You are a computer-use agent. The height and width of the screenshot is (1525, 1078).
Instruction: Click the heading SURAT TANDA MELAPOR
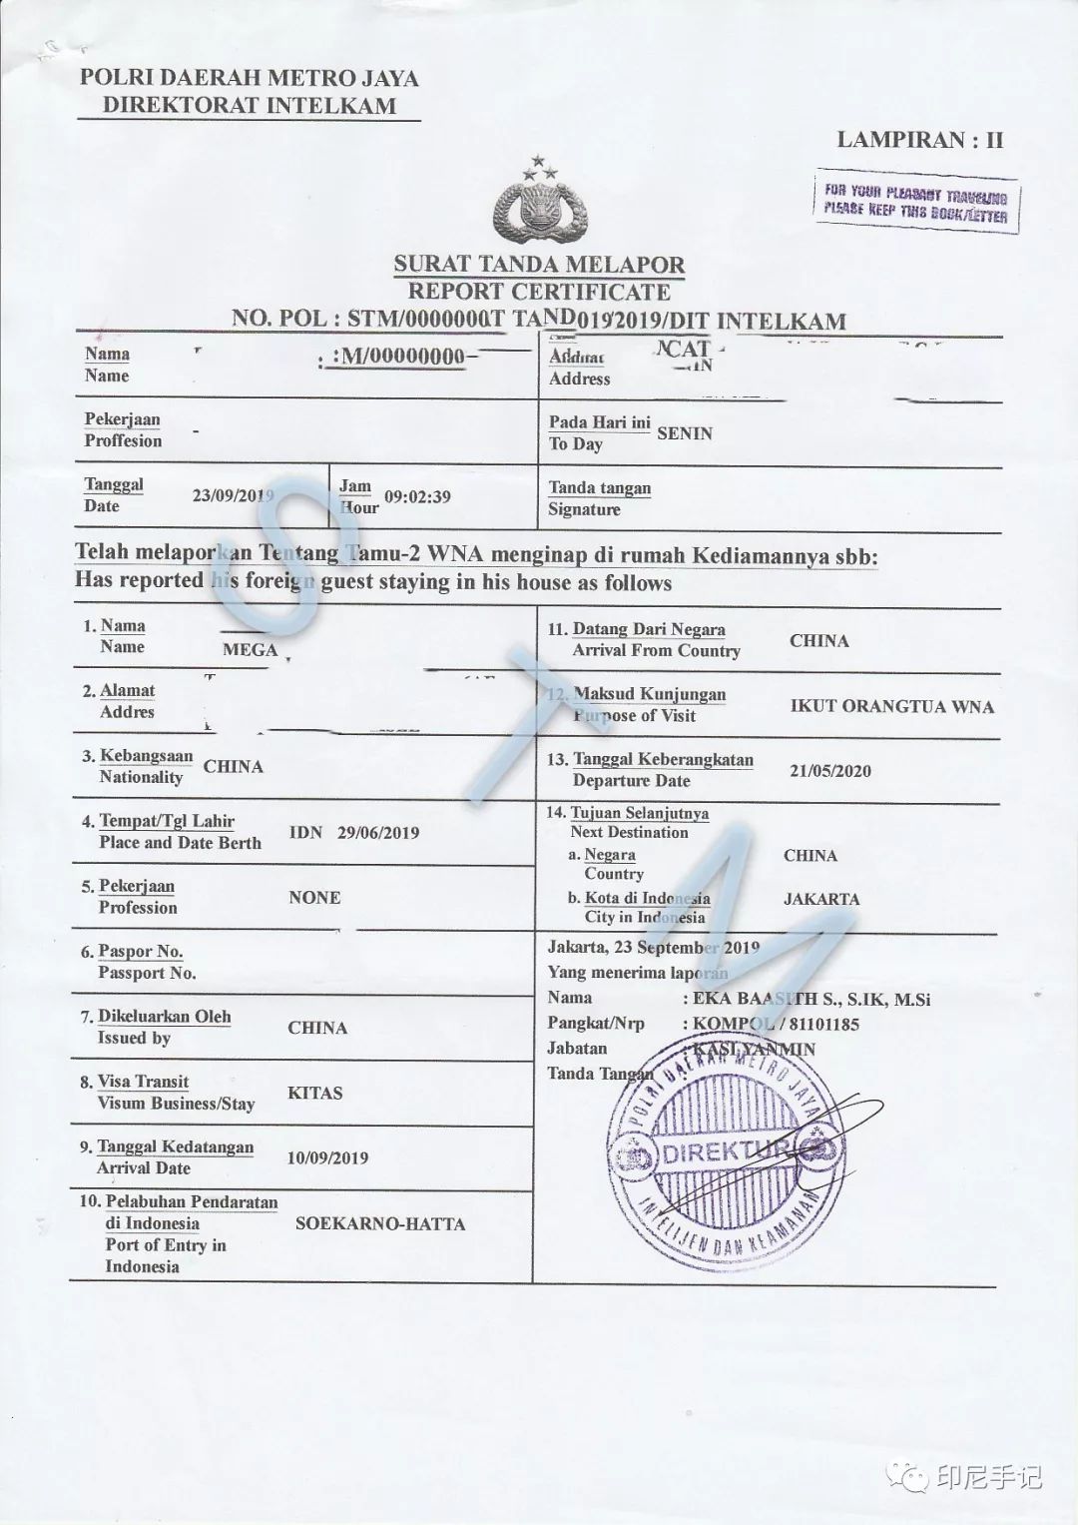pos(539,265)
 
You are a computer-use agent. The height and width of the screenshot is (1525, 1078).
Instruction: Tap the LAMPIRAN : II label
pos(919,140)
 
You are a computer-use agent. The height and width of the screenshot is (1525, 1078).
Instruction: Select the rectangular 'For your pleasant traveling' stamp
pos(916,203)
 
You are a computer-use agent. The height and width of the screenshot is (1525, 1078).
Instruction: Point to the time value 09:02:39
pos(417,496)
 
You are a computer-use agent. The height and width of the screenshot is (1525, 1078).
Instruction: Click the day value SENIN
pos(685,433)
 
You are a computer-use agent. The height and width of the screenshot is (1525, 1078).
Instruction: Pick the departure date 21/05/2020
pos(829,771)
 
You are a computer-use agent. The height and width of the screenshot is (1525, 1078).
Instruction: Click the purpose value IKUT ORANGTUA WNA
pos(891,706)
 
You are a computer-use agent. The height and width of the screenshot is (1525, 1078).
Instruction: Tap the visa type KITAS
pos(314,1093)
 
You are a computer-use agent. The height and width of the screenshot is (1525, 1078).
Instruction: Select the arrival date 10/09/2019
pos(327,1158)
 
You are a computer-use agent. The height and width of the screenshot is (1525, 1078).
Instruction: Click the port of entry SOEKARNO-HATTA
pos(379,1223)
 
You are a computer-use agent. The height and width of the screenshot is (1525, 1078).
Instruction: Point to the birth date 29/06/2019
pos(378,833)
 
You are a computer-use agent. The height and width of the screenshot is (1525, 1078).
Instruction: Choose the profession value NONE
pos(314,898)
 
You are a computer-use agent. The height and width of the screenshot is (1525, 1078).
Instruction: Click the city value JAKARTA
pos(820,899)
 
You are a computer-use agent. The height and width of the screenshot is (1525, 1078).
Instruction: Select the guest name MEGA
pos(250,650)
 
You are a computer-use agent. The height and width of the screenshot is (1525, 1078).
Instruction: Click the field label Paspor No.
pos(140,952)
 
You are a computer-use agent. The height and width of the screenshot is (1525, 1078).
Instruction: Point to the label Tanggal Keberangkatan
pos(663,760)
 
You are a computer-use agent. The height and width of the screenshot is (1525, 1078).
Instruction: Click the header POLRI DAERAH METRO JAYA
pos(250,78)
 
